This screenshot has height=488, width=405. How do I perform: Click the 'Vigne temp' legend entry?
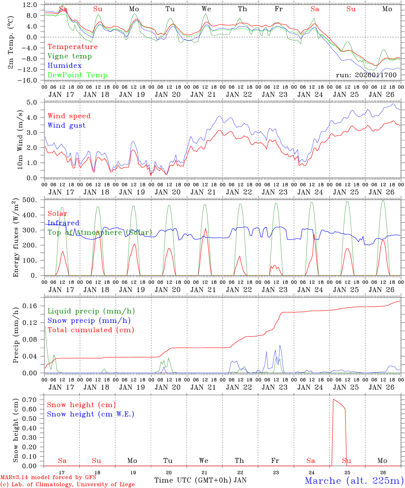pyautogui.click(x=70, y=56)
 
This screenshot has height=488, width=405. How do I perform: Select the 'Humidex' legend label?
pyautogui.click(x=64, y=66)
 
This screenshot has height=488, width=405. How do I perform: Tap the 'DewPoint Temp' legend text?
pyautogui.click(x=77, y=75)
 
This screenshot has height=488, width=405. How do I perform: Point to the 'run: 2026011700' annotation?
pyautogui.click(x=366, y=75)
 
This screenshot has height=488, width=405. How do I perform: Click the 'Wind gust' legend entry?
pyautogui.click(x=66, y=125)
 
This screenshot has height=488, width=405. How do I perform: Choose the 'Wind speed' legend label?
pyautogui.click(x=69, y=116)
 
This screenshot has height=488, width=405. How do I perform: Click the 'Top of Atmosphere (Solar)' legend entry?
pyautogui.click(x=100, y=232)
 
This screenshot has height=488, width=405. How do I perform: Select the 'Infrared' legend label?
pyautogui.click(x=63, y=223)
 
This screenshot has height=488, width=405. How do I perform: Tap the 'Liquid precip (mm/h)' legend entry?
pyautogui.click(x=91, y=311)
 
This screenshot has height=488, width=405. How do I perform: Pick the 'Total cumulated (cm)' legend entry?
pyautogui.click(x=91, y=330)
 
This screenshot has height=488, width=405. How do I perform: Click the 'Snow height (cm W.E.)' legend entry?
pyautogui.click(x=91, y=414)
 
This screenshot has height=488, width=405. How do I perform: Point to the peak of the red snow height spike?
pyautogui.click(x=333, y=399)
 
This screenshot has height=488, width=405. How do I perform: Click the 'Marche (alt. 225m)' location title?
pyautogui.click(x=354, y=481)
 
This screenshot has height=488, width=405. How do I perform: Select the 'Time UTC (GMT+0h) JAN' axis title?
pyautogui.click(x=200, y=480)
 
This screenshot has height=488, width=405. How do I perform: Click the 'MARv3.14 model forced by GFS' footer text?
pyautogui.click(x=48, y=477)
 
